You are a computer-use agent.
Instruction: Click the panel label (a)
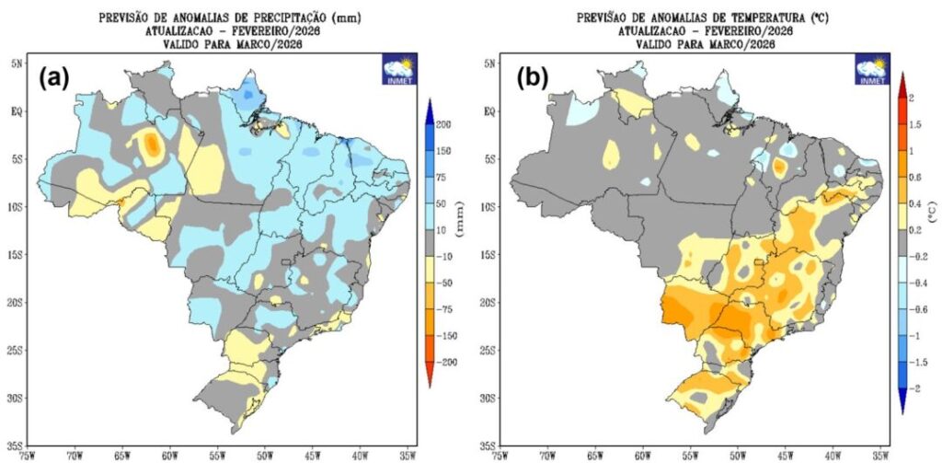(53, 78)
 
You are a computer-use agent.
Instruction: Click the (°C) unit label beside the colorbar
(931, 214)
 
